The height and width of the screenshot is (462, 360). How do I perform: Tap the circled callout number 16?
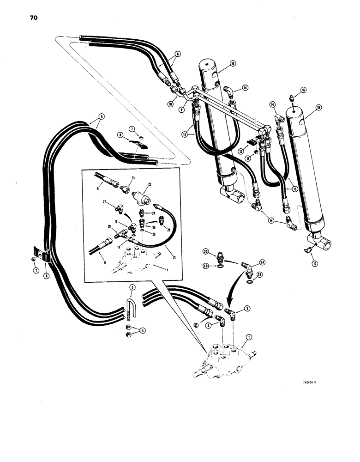tap(303, 90)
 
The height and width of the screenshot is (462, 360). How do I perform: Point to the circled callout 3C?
tap(206, 251)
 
